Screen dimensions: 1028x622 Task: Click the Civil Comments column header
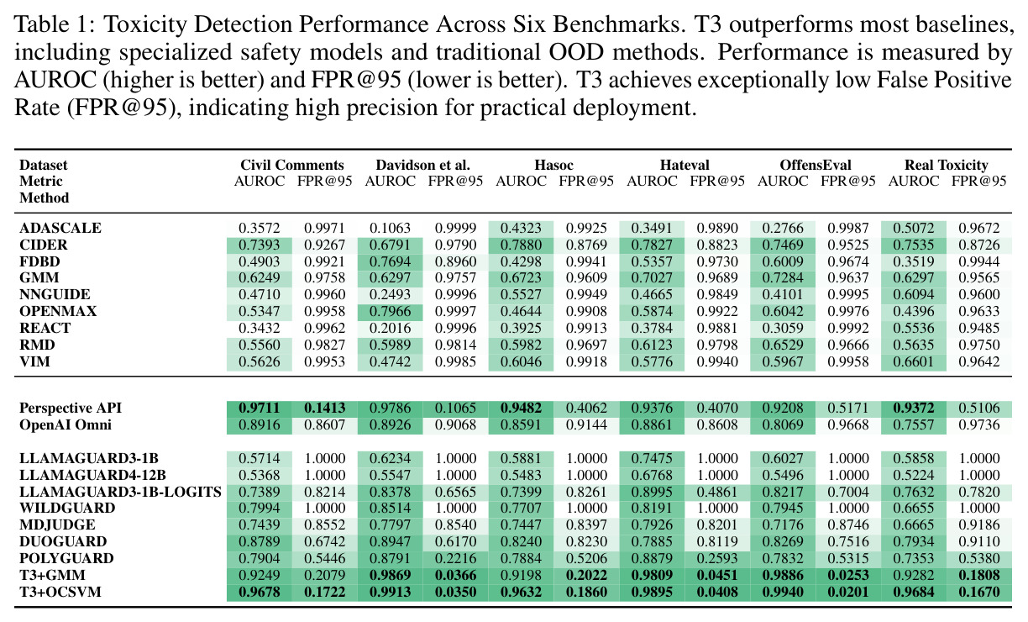(292, 165)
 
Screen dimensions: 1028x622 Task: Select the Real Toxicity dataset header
(946, 165)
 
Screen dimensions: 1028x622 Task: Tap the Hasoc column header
(553, 165)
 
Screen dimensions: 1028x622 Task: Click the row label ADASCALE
(60, 228)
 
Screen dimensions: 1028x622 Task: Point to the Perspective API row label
(71, 408)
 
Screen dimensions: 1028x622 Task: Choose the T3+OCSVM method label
(60, 592)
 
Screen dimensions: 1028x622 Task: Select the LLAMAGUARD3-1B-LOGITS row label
(120, 492)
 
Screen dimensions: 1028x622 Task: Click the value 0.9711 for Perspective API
(260, 408)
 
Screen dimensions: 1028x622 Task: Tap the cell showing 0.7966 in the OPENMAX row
(390, 312)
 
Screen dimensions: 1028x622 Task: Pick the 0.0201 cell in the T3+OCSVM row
(848, 592)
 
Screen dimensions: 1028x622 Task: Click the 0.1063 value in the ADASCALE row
(390, 228)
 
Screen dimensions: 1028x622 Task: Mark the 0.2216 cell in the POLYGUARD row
(456, 558)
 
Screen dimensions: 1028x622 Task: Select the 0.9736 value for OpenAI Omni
(979, 424)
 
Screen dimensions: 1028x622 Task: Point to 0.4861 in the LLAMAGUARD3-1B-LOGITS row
(717, 492)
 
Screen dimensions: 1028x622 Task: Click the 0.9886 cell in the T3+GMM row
(783, 575)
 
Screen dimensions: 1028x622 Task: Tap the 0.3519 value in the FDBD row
(914, 261)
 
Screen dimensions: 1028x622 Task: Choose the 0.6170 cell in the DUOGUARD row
(456, 541)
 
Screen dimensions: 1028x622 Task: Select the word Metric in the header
(41, 181)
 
